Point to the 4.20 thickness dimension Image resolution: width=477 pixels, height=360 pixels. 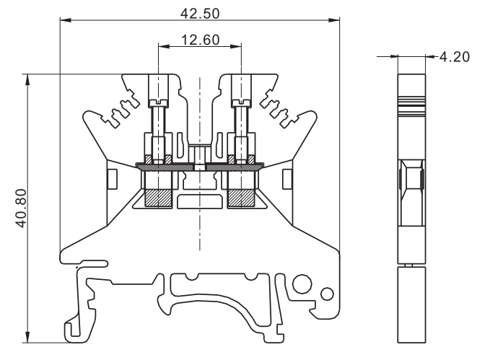pos(455,56)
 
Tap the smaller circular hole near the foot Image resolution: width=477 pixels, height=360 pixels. pos(327,293)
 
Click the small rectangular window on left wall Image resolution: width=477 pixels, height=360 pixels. pos(111,177)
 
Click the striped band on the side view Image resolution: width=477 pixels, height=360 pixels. pos(411,102)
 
